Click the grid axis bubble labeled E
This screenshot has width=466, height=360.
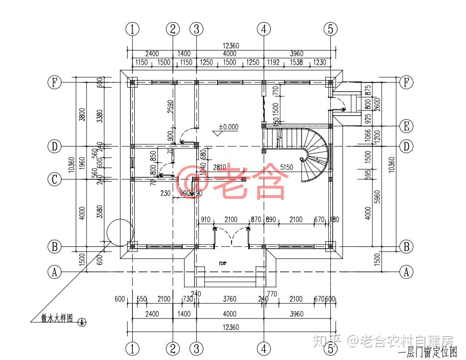(407, 126)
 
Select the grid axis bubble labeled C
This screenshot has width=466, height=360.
(55, 179)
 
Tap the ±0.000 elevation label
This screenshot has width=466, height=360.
(228, 127)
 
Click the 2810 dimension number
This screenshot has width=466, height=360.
(220, 167)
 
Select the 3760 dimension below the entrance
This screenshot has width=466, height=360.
(230, 299)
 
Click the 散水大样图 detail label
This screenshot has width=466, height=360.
(56, 319)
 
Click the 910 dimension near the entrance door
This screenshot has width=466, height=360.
(206, 219)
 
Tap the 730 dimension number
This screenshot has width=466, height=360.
(187, 299)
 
